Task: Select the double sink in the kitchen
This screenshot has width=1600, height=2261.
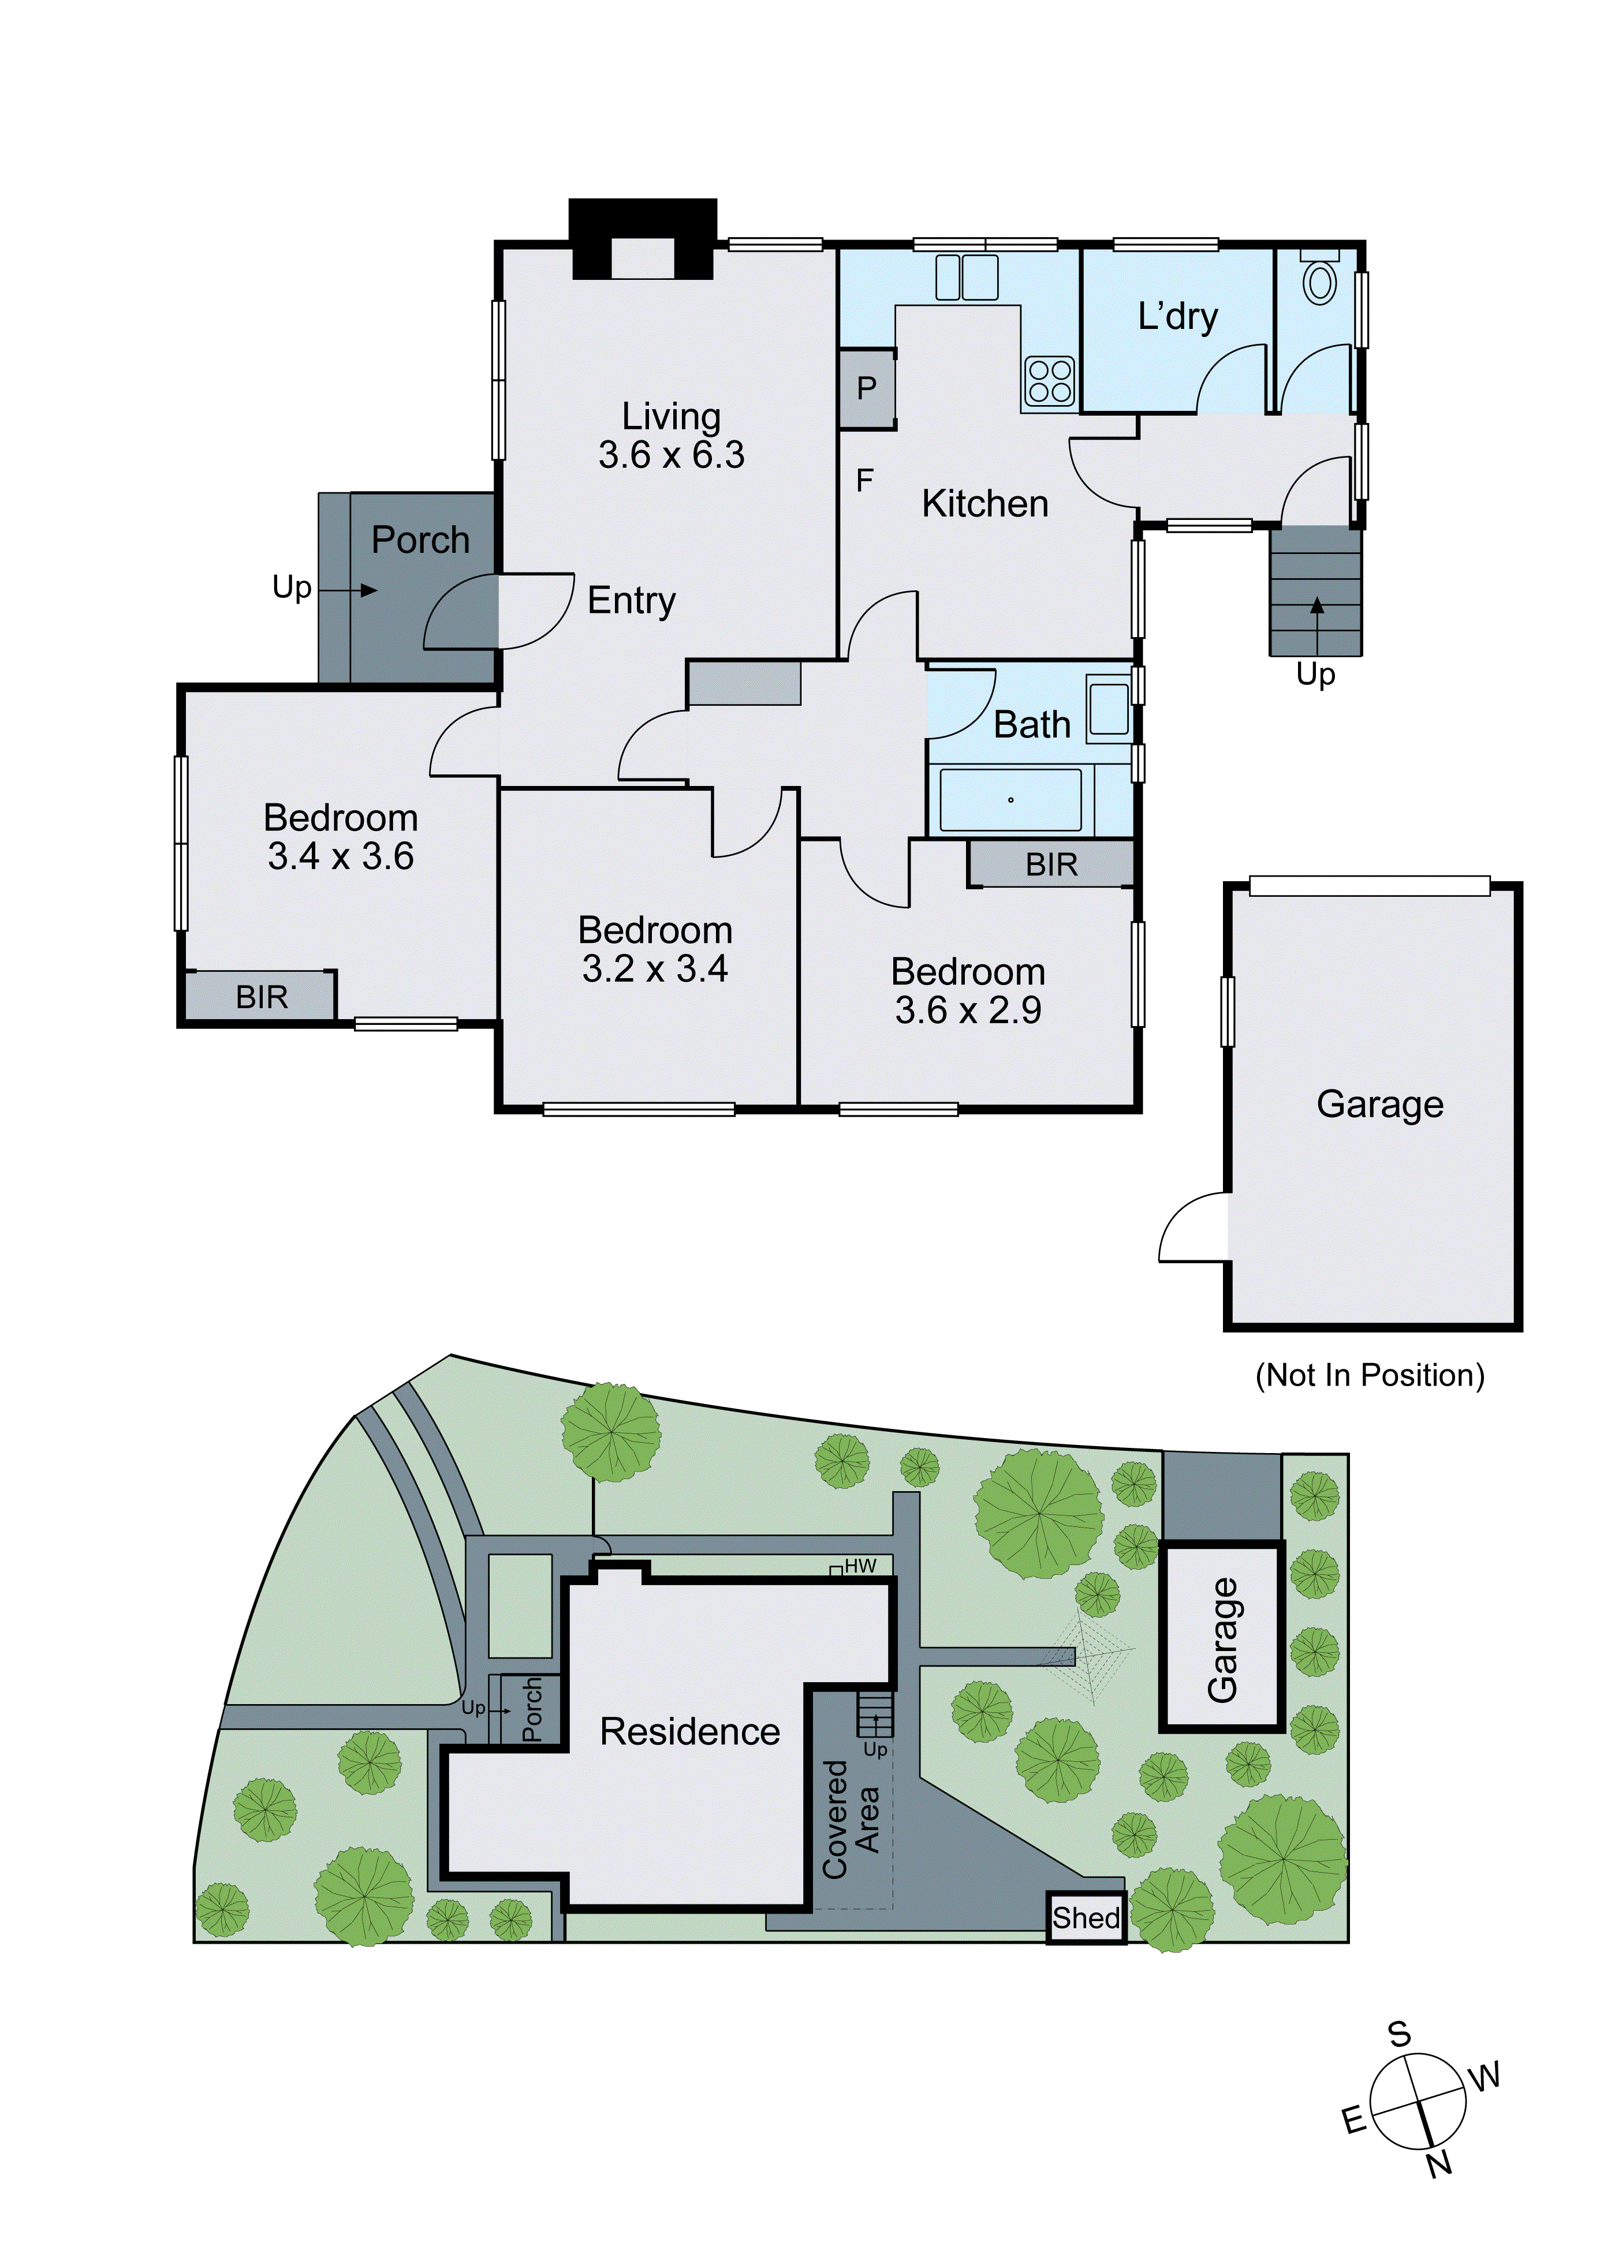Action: point(967,277)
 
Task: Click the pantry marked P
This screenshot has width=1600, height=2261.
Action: point(866,389)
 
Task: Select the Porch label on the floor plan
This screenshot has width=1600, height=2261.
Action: point(421,540)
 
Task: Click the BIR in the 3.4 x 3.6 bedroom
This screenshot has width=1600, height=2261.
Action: point(261,997)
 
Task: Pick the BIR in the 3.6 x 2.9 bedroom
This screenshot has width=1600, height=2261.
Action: point(1051,864)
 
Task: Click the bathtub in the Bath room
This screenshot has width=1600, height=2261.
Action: point(1010,800)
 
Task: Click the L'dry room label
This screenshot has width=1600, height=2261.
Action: point(1177,316)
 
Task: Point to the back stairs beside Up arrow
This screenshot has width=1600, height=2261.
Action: point(1315,591)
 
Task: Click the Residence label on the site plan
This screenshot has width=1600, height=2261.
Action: point(689,1731)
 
